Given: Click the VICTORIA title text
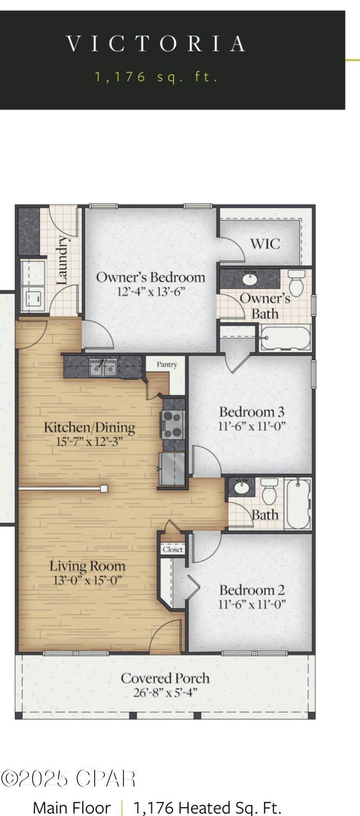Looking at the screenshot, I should pyautogui.click(x=156, y=44).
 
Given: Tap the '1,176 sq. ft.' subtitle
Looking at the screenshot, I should pyautogui.click(x=156, y=77).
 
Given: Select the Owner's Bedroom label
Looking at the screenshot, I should pyautogui.click(x=150, y=277).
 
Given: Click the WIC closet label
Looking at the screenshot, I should pyautogui.click(x=265, y=244).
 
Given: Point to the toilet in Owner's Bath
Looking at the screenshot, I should pyautogui.click(x=296, y=282).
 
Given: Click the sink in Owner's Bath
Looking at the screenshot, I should pyautogui.click(x=249, y=279).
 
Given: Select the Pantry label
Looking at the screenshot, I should pyautogui.click(x=167, y=364).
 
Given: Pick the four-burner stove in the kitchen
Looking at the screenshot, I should pyautogui.click(x=172, y=424).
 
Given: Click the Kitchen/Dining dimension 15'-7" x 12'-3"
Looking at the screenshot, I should pyautogui.click(x=89, y=441).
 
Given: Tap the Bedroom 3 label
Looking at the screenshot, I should pyautogui.click(x=251, y=412).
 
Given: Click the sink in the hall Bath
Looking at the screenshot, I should pyautogui.click(x=242, y=486).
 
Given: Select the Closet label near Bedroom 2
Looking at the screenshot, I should pyautogui.click(x=173, y=550).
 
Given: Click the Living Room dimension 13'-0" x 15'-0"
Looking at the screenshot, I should pyautogui.click(x=87, y=580).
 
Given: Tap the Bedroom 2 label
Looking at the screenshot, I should pyautogui.click(x=251, y=590).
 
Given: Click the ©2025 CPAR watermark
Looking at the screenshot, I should pyautogui.click(x=68, y=778).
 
